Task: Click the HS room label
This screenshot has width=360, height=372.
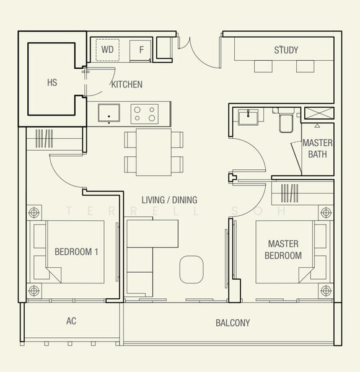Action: [x=52, y=82]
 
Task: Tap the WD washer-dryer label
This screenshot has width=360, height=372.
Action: [x=107, y=50]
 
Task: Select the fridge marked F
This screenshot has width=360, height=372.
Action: [x=141, y=51]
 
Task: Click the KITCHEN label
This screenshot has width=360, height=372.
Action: [x=127, y=84]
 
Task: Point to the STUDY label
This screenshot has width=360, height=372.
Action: [x=286, y=50]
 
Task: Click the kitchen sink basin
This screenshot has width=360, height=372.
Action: [x=109, y=113]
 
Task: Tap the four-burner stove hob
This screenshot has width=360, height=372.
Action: [x=144, y=114]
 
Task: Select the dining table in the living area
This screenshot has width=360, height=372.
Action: [x=154, y=152]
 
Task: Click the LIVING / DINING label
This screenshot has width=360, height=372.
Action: [x=169, y=200]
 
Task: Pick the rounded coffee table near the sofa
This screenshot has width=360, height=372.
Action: [x=191, y=269]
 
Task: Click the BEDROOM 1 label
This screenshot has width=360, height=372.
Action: [x=76, y=252]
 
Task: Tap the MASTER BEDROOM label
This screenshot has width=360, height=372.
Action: [x=283, y=250]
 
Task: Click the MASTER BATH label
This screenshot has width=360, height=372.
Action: [x=317, y=149]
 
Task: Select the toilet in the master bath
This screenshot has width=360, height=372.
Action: [x=286, y=120]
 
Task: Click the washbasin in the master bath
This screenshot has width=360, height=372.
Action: [x=248, y=117]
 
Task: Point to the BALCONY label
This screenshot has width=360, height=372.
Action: [x=232, y=323]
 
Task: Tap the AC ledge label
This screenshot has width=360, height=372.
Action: [x=71, y=321]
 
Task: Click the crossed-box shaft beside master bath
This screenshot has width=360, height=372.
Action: [x=319, y=113]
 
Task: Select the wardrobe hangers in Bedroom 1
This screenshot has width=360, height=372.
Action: [x=44, y=138]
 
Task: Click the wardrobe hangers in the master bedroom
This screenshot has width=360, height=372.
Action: [x=289, y=193]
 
